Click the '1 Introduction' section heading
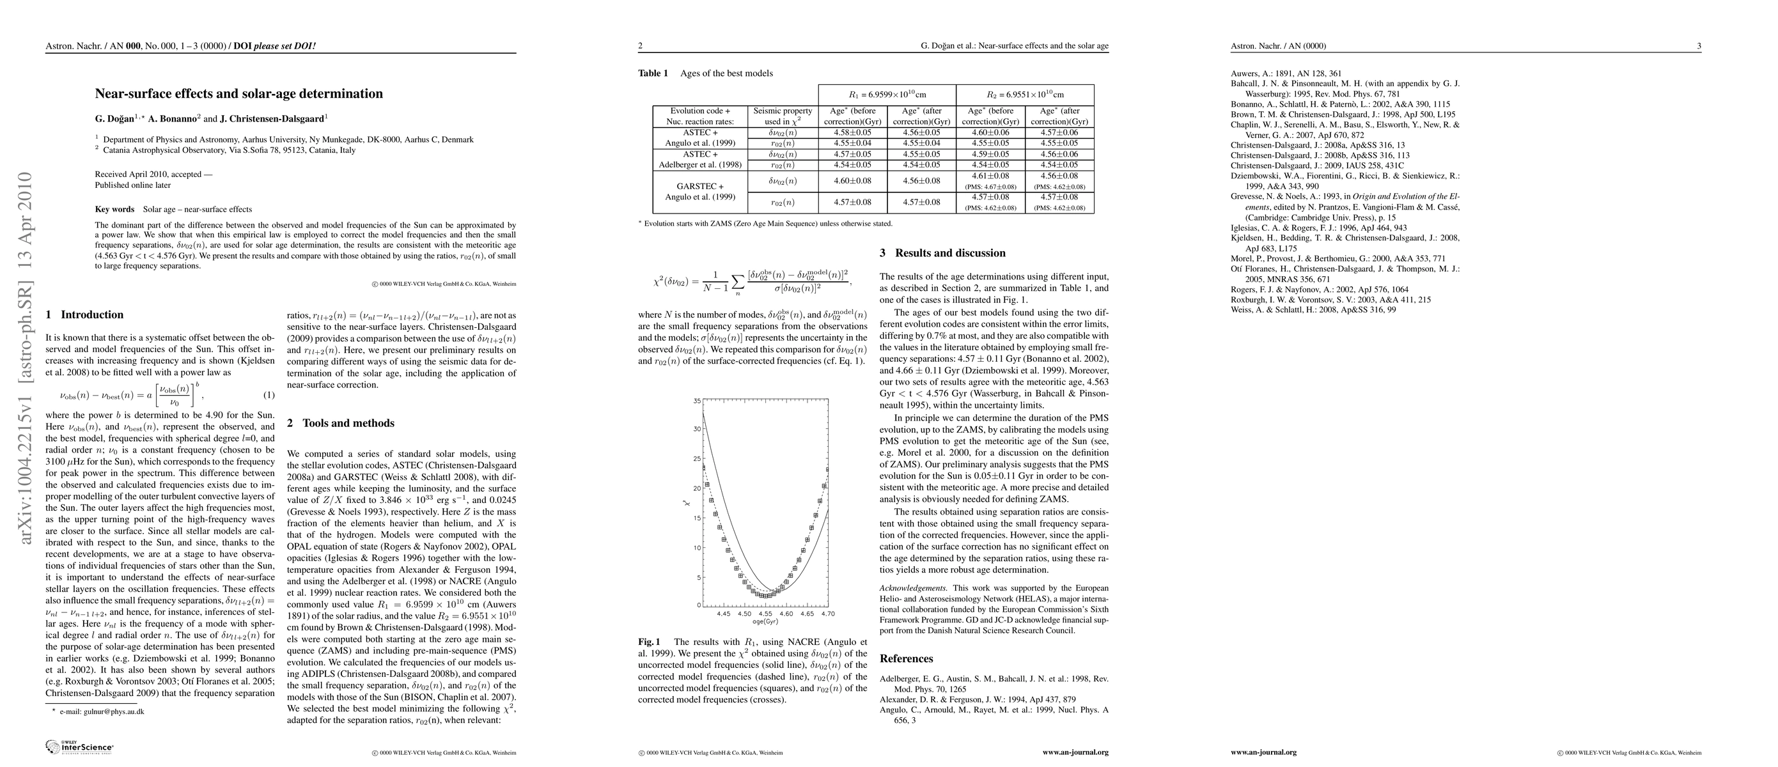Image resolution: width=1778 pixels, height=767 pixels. click(x=84, y=314)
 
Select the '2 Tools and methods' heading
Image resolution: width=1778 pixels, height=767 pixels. click(x=340, y=423)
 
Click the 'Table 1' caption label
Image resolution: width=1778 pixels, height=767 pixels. click(x=653, y=73)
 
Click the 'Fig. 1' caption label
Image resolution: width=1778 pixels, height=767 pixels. click(x=649, y=642)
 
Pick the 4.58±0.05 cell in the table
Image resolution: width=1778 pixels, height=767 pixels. click(x=852, y=132)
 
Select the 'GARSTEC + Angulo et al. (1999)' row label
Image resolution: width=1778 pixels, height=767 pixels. click(x=700, y=192)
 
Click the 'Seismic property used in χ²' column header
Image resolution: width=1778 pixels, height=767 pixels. click(x=783, y=116)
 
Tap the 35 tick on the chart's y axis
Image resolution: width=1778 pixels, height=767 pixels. click(x=697, y=401)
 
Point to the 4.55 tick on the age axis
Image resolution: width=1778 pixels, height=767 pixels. click(x=765, y=613)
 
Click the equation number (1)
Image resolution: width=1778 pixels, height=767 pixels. click(x=269, y=395)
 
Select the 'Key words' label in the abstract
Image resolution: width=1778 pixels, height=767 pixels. click(x=114, y=209)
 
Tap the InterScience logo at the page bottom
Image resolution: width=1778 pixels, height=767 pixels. click(x=79, y=747)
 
